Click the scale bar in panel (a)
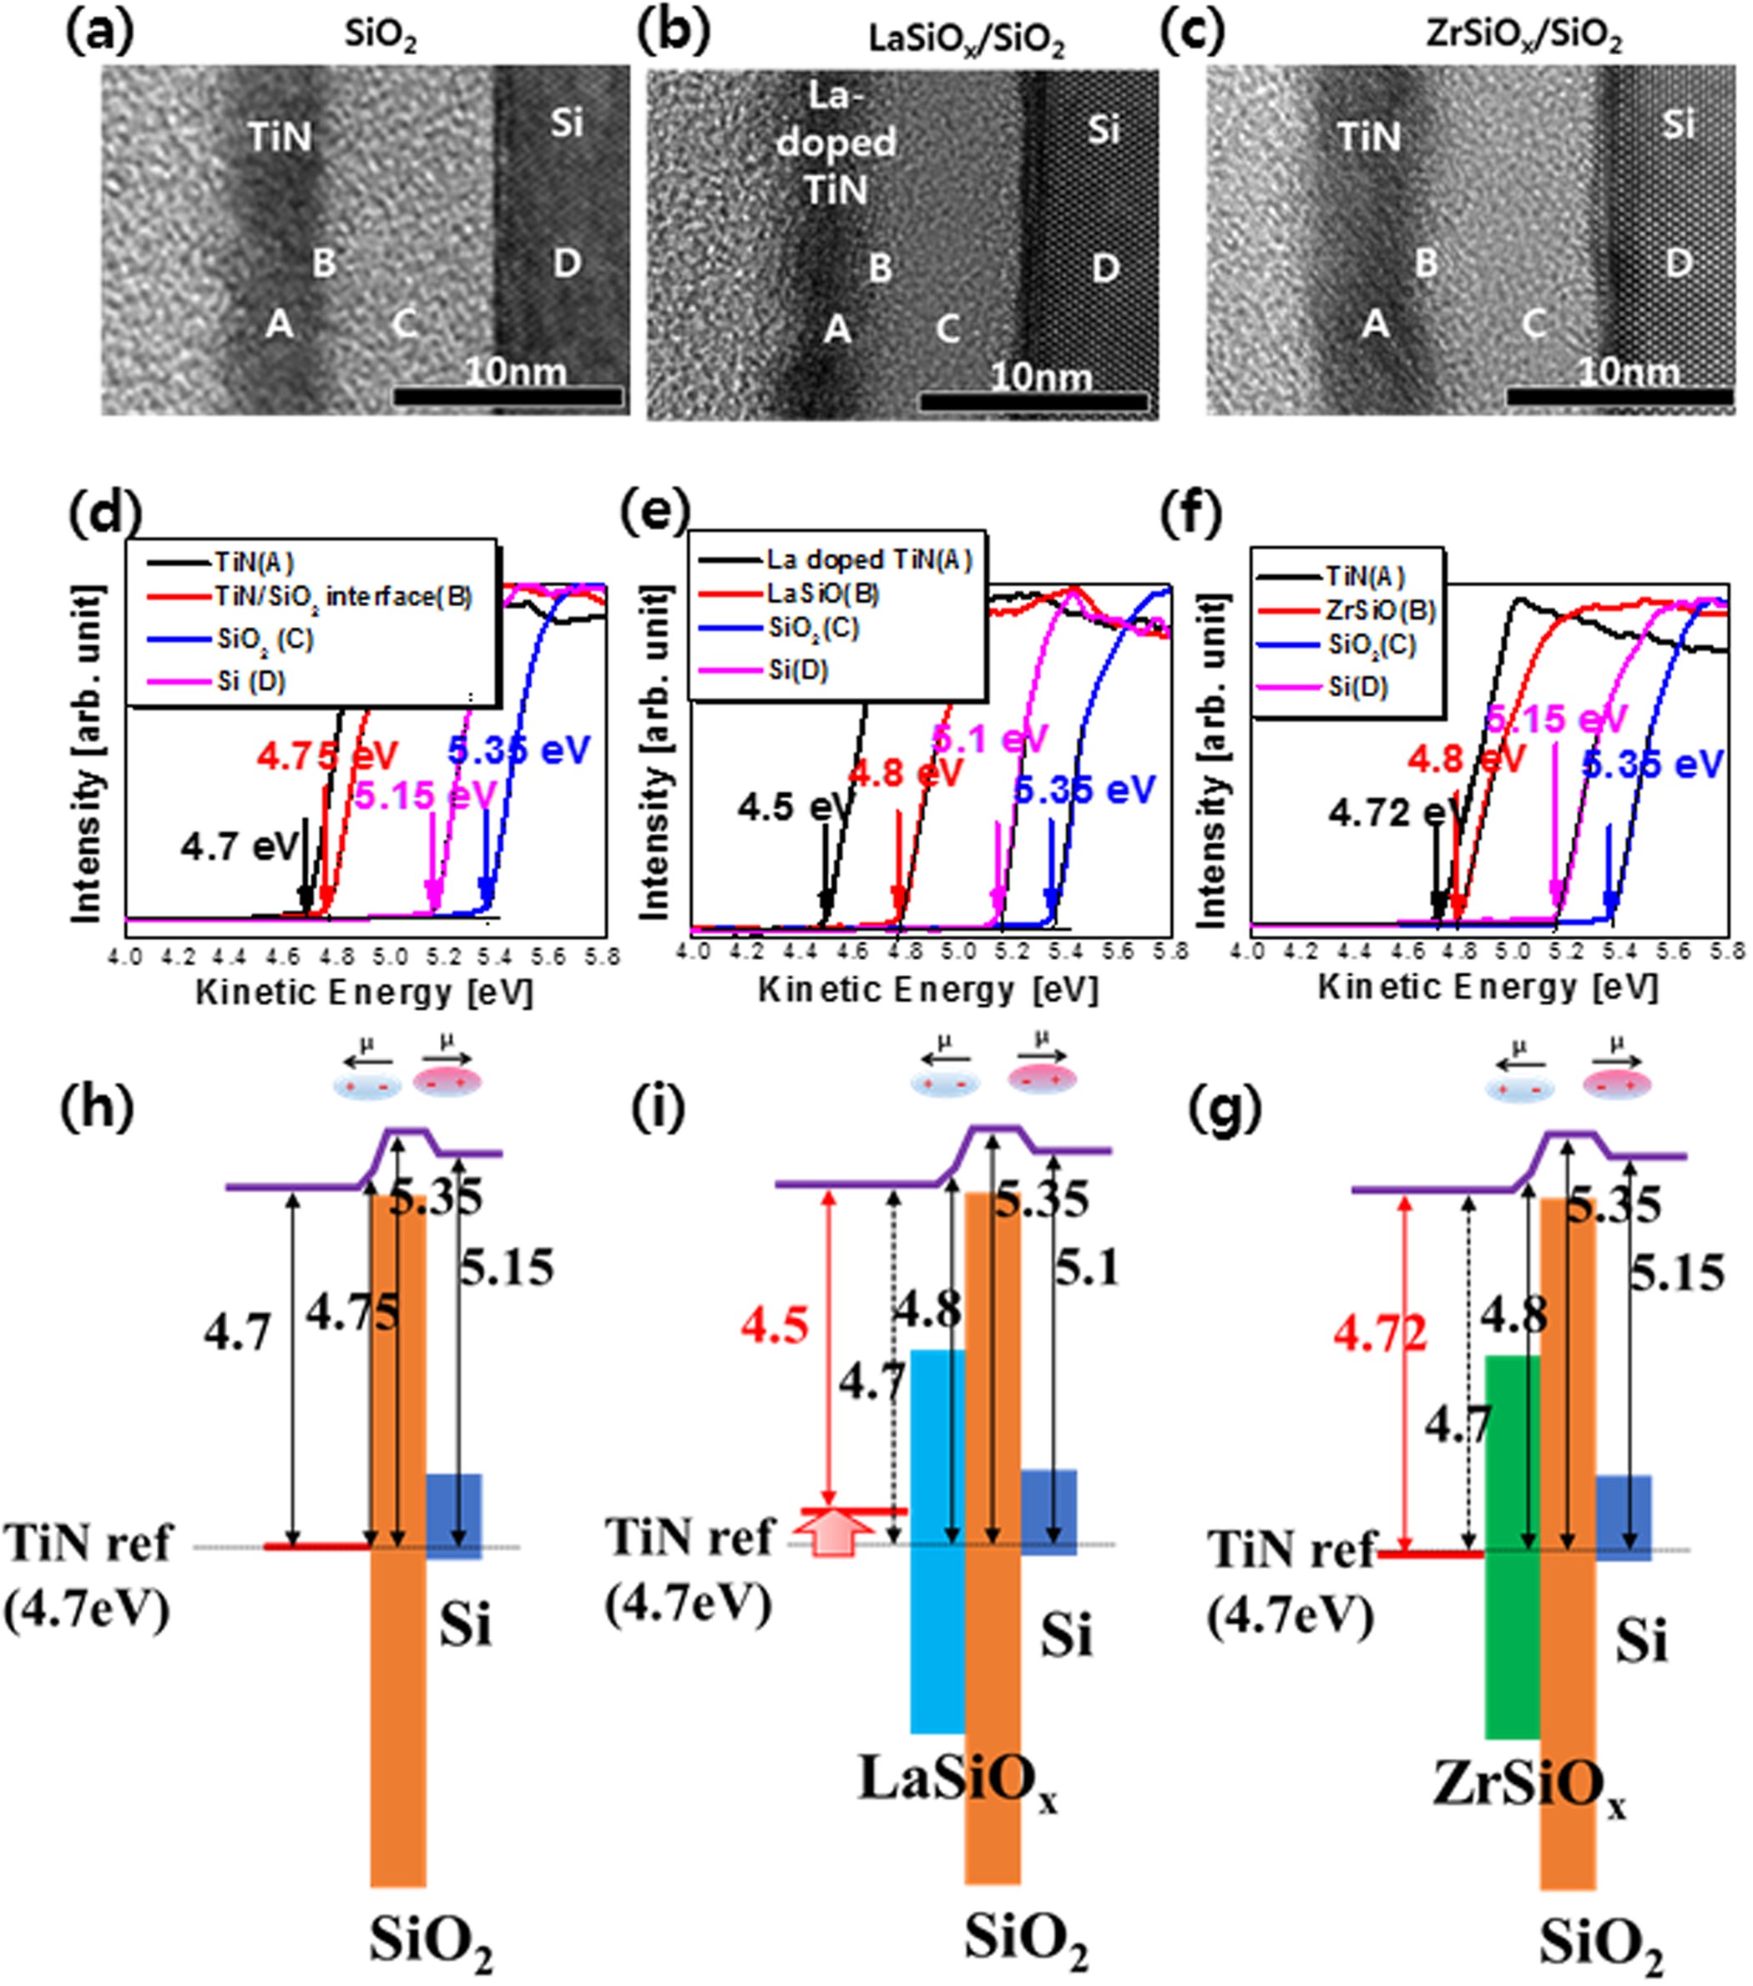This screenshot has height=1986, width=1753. tap(508, 397)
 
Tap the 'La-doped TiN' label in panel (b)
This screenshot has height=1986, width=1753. tap(836, 144)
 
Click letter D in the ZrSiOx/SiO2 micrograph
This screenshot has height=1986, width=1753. tap(1678, 263)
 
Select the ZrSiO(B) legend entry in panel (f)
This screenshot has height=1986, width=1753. tap(1381, 611)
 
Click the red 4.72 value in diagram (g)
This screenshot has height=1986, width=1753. tap(1380, 1336)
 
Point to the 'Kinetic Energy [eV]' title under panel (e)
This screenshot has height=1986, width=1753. tap(927, 990)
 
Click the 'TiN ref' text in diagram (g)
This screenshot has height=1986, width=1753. tap(1291, 1548)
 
